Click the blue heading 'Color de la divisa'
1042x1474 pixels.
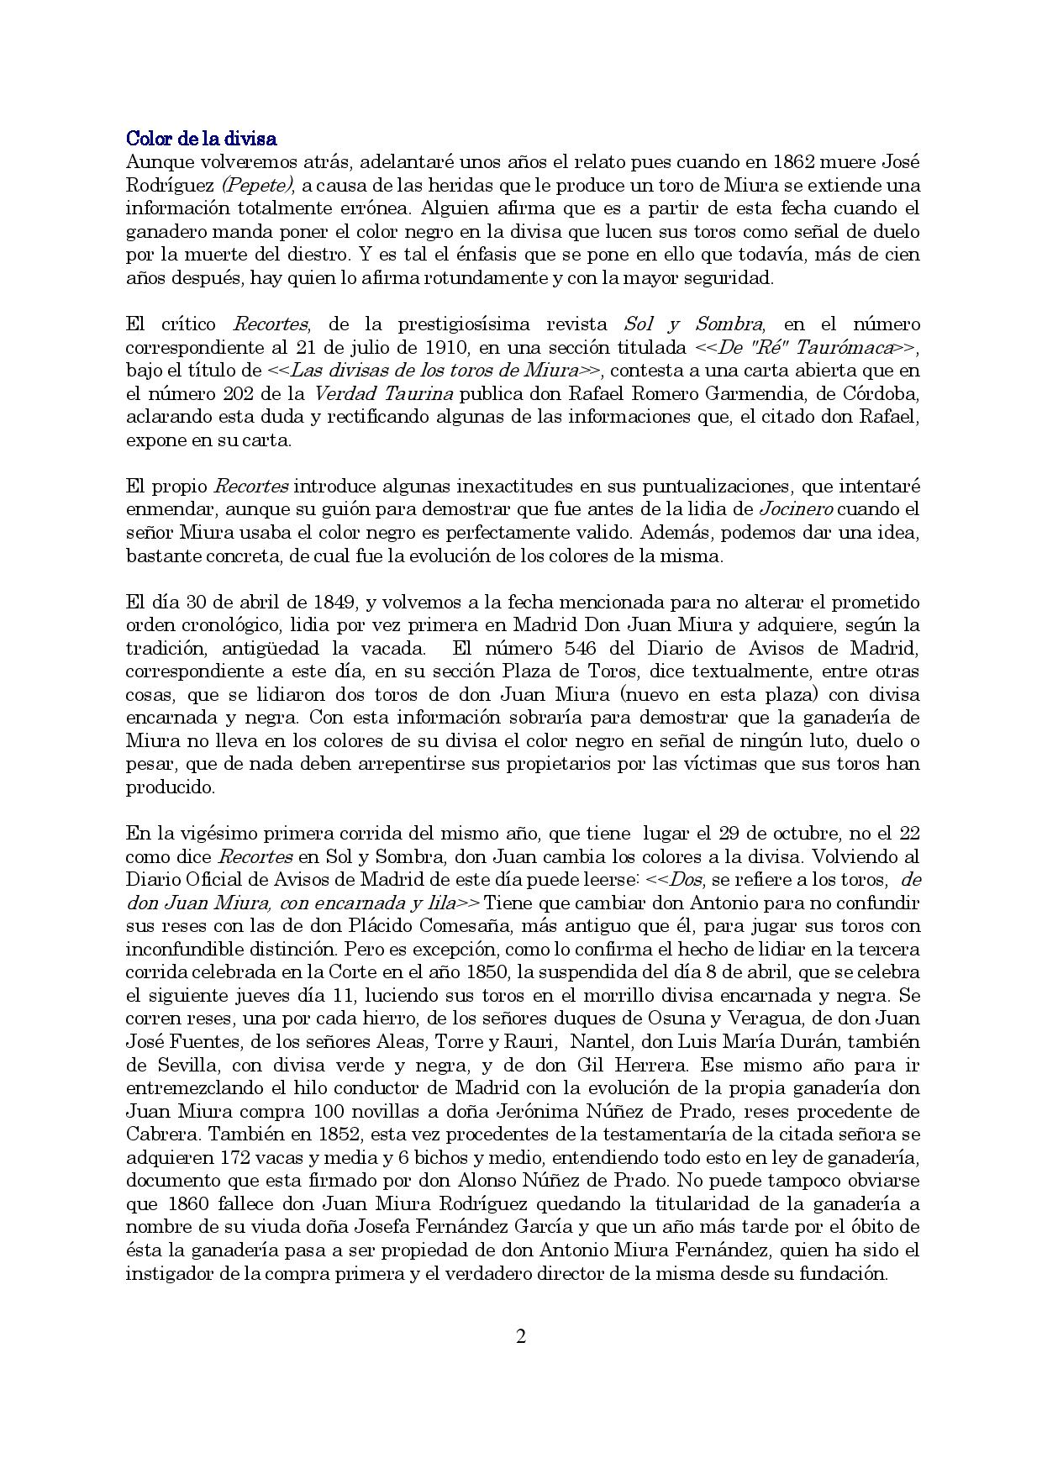tap(201, 138)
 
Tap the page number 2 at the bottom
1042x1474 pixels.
tap(520, 1336)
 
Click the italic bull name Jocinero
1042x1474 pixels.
tap(796, 509)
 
